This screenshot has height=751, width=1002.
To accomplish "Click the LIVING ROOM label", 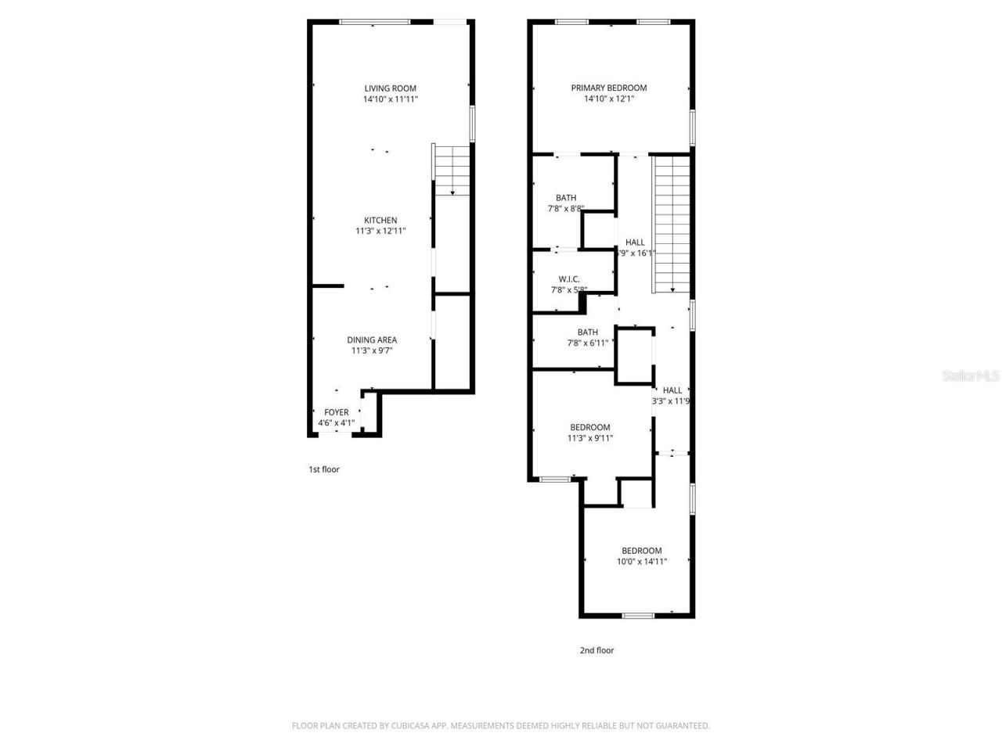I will click(390, 88).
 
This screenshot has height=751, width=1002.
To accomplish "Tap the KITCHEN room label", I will click(380, 221).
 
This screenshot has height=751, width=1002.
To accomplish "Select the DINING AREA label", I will click(372, 340).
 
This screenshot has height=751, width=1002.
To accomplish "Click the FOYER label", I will click(337, 412).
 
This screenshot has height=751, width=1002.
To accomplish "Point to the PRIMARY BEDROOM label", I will click(608, 88).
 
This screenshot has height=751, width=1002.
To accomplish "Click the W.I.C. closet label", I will click(569, 279).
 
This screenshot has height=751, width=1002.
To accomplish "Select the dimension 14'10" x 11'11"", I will click(390, 99).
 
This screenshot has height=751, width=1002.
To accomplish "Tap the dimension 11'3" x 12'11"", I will click(380, 231).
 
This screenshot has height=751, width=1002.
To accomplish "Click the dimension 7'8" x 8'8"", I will click(566, 209).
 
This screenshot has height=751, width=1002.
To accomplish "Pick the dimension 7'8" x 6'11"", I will click(587, 343).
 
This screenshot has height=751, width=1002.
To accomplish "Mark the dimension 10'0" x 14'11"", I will click(642, 561).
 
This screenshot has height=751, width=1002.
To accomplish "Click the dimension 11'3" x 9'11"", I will click(590, 438).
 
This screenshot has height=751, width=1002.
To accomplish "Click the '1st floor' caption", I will click(323, 469).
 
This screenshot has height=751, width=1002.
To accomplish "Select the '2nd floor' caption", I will click(597, 650).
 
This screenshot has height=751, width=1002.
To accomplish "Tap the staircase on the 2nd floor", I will click(672, 223).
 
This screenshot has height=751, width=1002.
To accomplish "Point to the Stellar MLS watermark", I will click(971, 376).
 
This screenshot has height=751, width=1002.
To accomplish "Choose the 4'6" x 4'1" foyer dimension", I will click(336, 423).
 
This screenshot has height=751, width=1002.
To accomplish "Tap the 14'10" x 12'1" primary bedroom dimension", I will click(608, 99).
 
